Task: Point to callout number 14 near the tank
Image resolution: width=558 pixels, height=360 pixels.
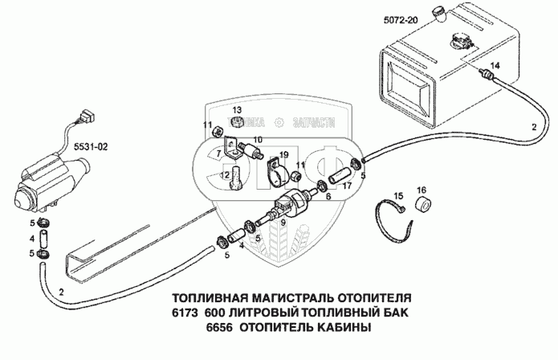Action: pyautogui.click(x=495, y=64)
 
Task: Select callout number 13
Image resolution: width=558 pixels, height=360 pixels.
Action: pyautogui.click(x=238, y=109)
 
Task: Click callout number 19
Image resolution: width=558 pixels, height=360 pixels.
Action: pyautogui.click(x=283, y=155)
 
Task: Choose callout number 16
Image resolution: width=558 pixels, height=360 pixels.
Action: pyautogui.click(x=421, y=190)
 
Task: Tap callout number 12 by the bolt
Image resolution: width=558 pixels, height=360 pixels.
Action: pyautogui.click(x=225, y=174)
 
